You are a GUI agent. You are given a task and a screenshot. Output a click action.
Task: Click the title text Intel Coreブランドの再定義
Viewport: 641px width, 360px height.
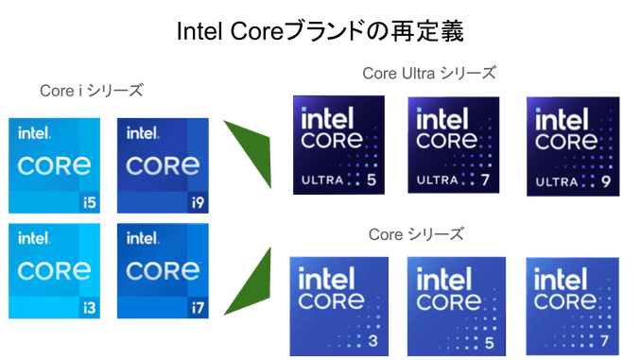tap(320, 32)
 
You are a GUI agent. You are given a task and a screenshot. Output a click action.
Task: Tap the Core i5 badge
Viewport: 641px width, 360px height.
tap(55, 164)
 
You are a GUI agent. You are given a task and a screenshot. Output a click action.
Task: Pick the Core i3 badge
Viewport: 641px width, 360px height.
tap(55, 268)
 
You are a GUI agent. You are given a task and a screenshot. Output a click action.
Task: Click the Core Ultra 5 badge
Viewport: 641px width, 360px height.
tap(340, 144)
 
